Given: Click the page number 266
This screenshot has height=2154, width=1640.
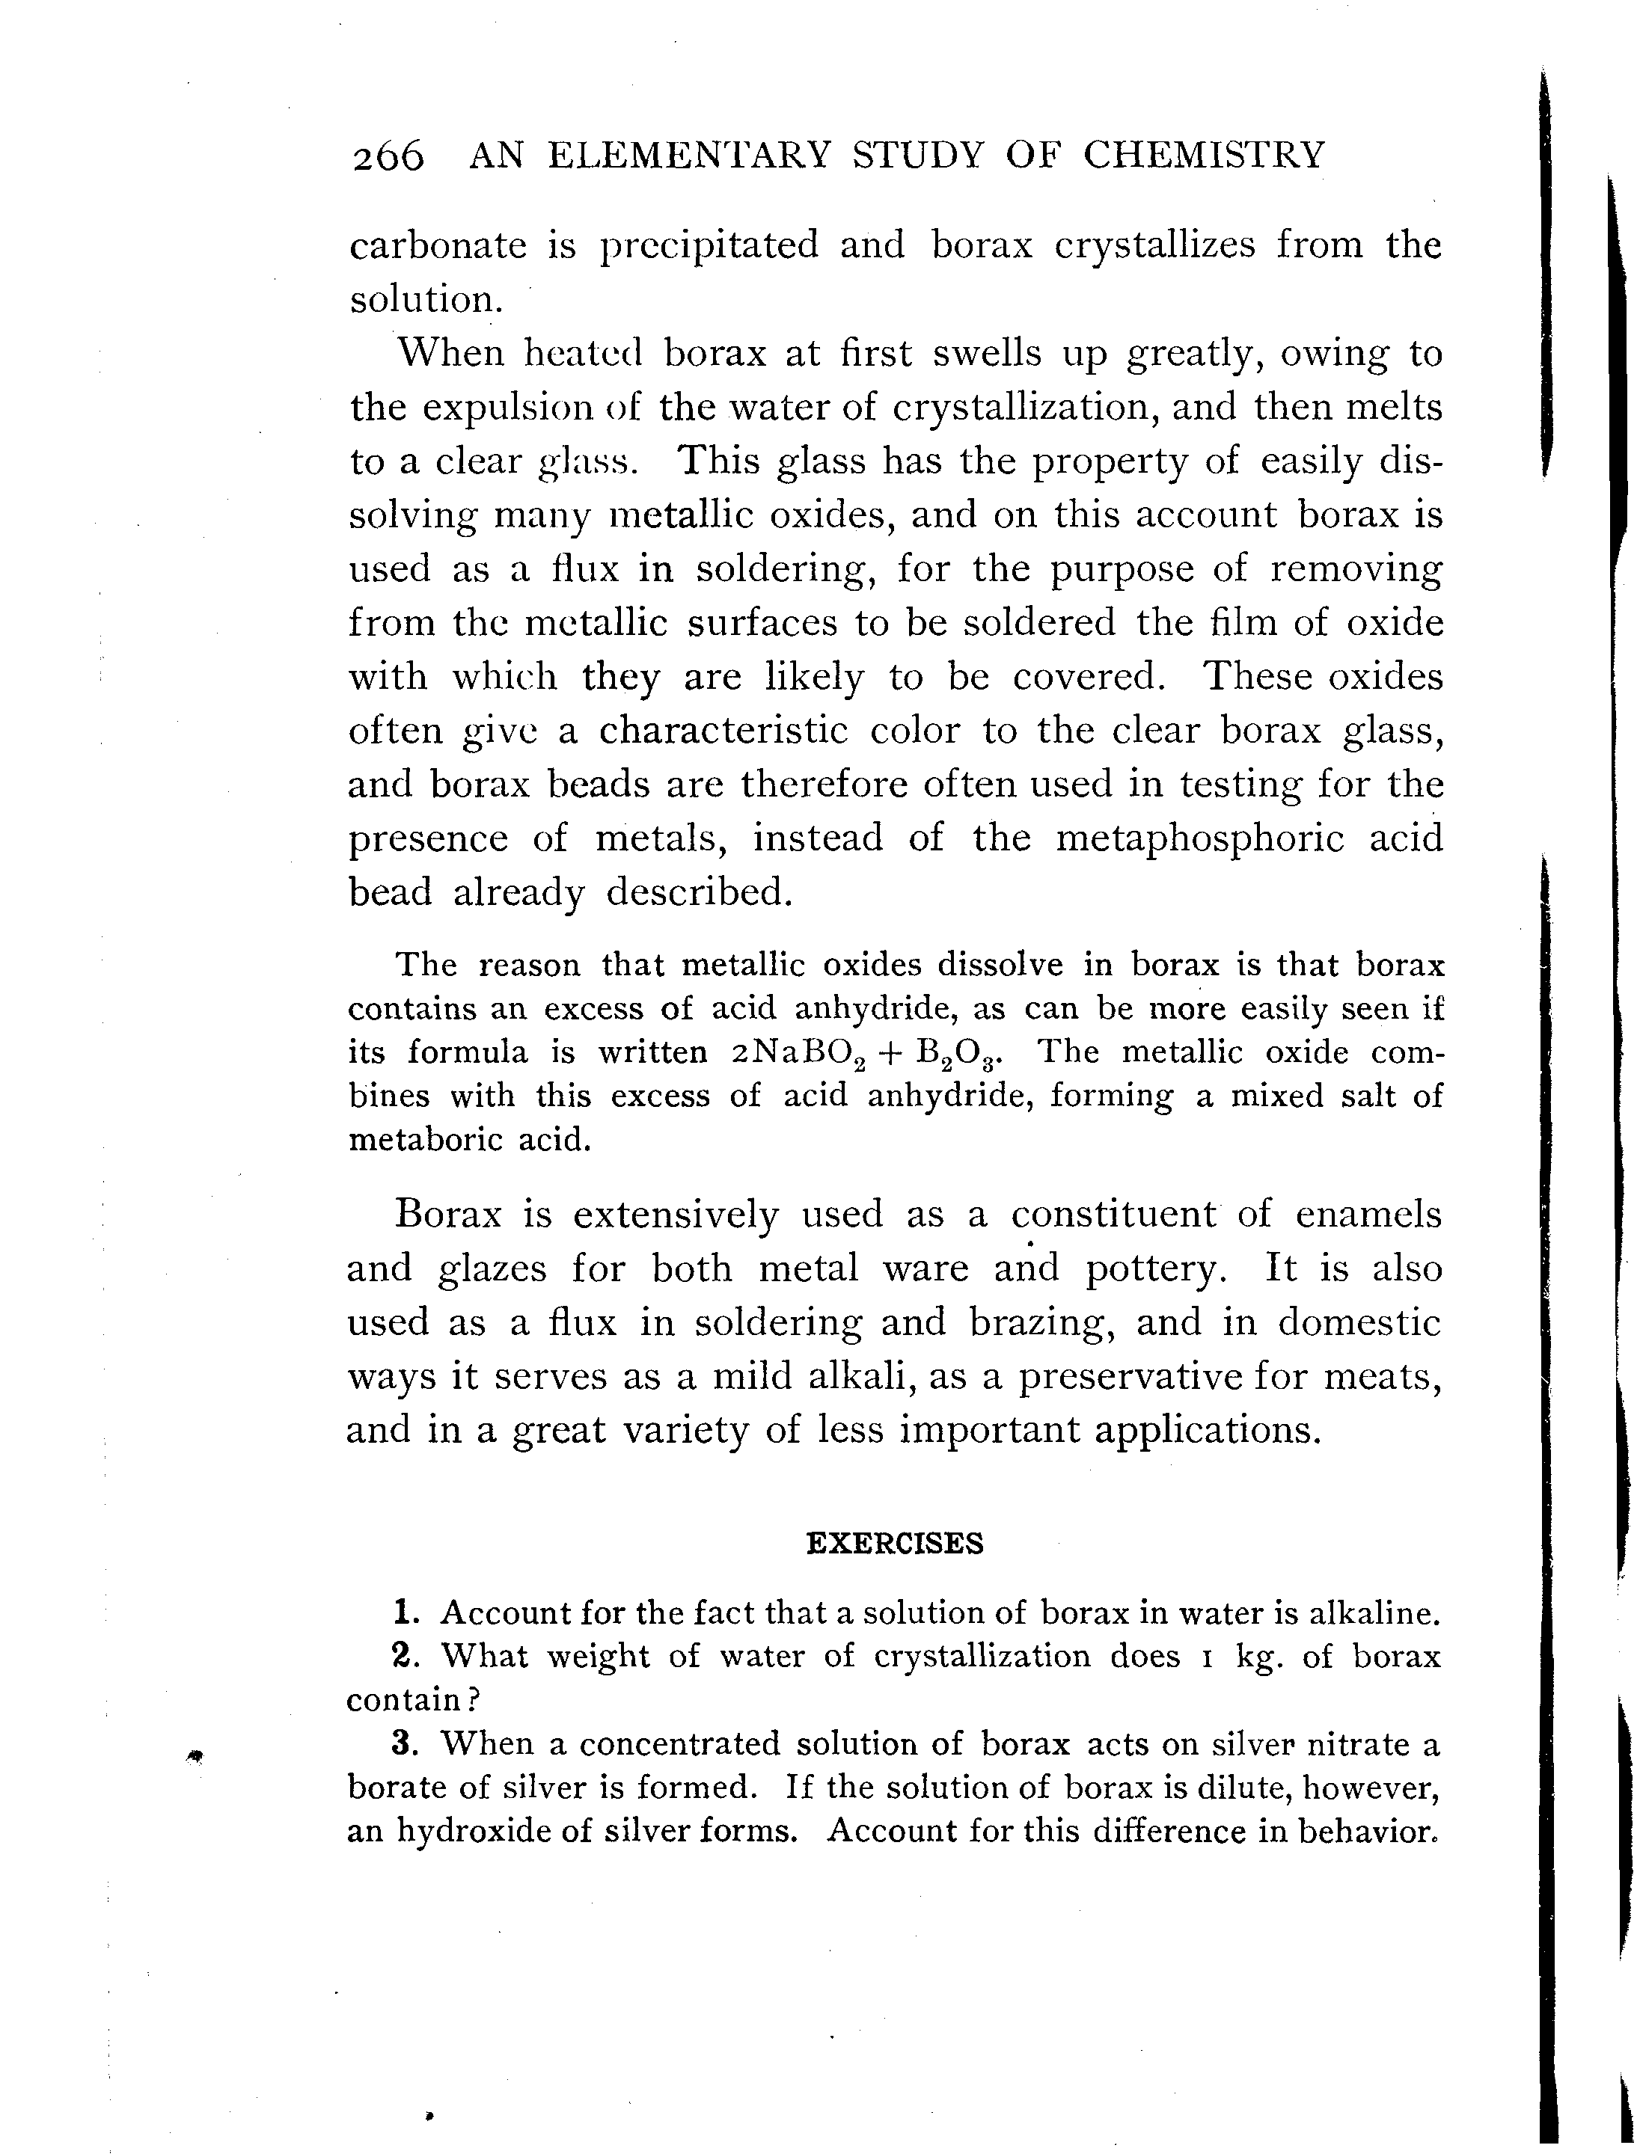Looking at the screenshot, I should tap(388, 156).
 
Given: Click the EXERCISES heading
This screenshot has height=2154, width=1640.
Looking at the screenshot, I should tap(894, 1543).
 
